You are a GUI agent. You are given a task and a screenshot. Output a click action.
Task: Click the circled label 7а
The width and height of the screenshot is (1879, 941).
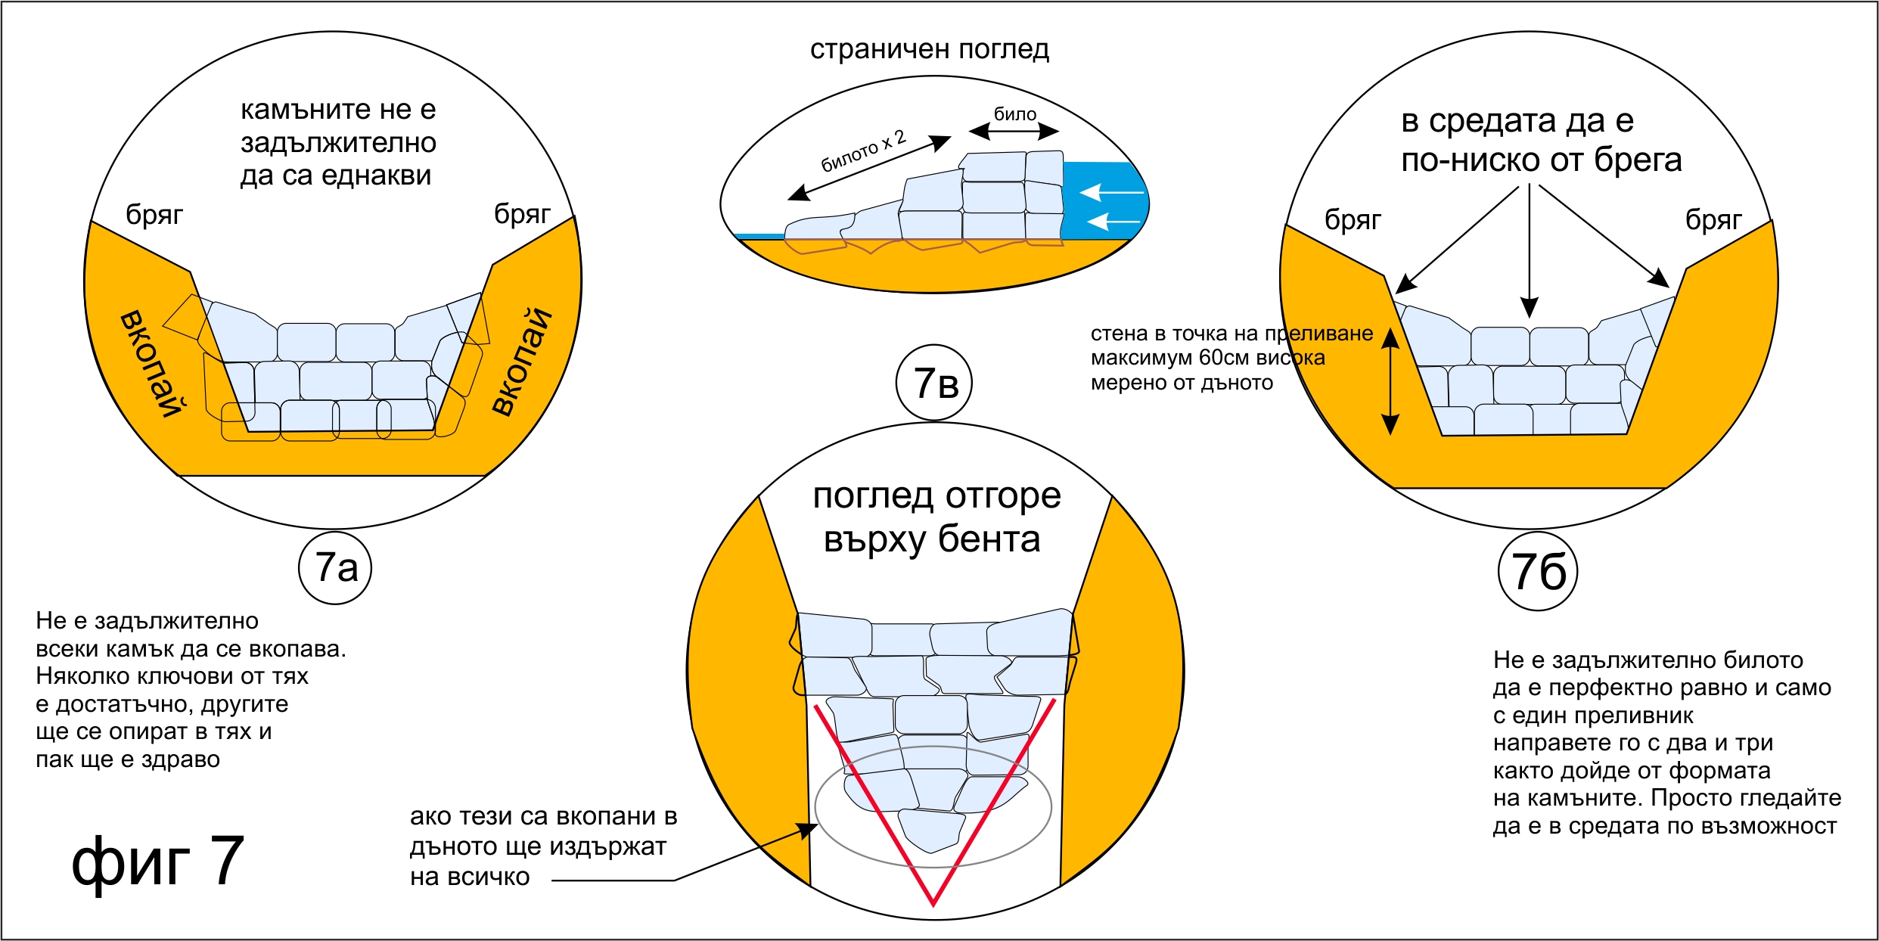(335, 567)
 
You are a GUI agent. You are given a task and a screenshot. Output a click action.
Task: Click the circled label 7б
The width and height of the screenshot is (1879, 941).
(1538, 572)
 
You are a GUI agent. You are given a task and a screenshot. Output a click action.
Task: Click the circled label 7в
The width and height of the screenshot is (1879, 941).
(934, 383)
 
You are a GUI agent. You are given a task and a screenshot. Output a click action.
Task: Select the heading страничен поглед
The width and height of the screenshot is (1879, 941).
(930, 49)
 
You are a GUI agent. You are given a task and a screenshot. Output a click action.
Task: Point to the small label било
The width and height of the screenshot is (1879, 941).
(1014, 114)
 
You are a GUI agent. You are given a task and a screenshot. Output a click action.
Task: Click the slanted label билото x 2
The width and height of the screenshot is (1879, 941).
(863, 151)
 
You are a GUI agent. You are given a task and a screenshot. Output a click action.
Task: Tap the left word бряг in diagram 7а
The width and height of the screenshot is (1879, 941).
(154, 215)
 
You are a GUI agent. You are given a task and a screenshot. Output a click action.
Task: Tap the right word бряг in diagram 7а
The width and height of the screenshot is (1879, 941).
(522, 214)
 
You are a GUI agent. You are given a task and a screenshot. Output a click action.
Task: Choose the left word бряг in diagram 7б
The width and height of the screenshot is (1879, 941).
(1353, 220)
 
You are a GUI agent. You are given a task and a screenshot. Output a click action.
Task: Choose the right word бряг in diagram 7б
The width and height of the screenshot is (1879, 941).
(1713, 220)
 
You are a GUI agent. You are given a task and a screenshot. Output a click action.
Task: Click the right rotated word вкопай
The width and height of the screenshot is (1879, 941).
(522, 362)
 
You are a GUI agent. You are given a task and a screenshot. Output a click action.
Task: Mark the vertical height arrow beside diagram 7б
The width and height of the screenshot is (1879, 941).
(1390, 382)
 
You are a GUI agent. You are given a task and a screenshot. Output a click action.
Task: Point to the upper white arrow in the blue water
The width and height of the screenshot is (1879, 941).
(1111, 192)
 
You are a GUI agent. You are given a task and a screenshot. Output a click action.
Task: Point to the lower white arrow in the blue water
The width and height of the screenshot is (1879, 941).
(1113, 221)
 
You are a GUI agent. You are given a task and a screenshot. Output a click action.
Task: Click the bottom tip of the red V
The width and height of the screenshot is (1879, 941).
(933, 904)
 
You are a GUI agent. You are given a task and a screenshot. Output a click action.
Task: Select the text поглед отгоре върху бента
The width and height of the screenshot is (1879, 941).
(935, 518)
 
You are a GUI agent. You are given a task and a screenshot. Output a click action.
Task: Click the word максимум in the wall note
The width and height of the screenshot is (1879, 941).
(1142, 358)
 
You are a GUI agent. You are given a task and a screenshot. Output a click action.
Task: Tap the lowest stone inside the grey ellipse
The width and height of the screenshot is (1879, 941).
(931, 831)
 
